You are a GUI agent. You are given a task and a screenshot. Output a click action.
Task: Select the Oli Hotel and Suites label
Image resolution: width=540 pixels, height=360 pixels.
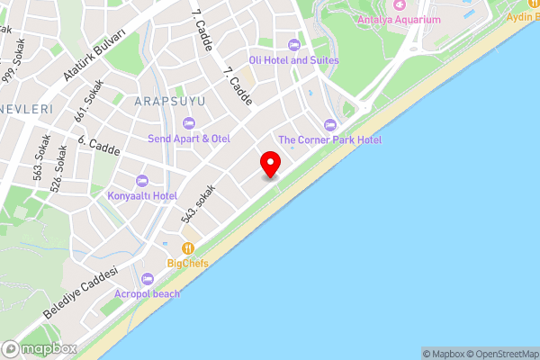point(293,60)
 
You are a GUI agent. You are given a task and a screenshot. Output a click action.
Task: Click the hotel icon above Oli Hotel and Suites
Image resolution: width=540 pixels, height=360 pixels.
point(293,45)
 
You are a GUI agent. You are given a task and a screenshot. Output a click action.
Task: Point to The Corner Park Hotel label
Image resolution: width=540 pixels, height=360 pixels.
point(329,139)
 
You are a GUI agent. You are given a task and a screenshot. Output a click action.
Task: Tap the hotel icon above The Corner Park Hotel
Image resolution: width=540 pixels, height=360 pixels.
point(329,124)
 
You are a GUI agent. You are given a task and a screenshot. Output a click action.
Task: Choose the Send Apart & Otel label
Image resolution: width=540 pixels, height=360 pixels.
point(189,138)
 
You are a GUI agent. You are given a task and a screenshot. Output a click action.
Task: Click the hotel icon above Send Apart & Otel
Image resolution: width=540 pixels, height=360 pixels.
point(188,122)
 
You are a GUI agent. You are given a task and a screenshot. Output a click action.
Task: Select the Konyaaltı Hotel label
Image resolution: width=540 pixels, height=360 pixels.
point(142,195)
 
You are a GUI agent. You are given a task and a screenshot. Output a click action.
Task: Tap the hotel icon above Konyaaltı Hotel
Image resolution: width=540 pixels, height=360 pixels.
point(141,180)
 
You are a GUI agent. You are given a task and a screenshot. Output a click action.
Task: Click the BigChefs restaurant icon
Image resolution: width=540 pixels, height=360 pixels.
point(188,247)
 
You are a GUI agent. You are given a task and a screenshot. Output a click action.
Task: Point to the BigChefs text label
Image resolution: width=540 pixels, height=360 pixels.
point(188,263)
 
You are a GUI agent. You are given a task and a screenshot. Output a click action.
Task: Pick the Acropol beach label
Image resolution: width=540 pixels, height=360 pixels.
point(147,293)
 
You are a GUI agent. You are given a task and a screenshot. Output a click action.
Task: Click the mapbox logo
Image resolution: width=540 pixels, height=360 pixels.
point(38,348)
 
